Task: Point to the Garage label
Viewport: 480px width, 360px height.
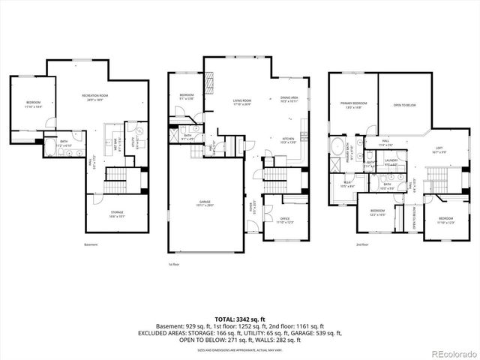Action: (x=205, y=203)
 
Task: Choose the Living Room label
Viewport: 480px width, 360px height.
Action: (x=241, y=101)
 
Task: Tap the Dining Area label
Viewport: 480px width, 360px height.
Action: (x=289, y=98)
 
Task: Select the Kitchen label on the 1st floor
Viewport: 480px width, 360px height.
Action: (x=288, y=139)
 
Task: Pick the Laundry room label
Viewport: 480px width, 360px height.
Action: (x=391, y=161)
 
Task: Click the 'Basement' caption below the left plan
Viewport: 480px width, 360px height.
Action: (x=91, y=244)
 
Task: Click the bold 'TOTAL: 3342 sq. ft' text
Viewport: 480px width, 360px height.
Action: (x=239, y=319)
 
